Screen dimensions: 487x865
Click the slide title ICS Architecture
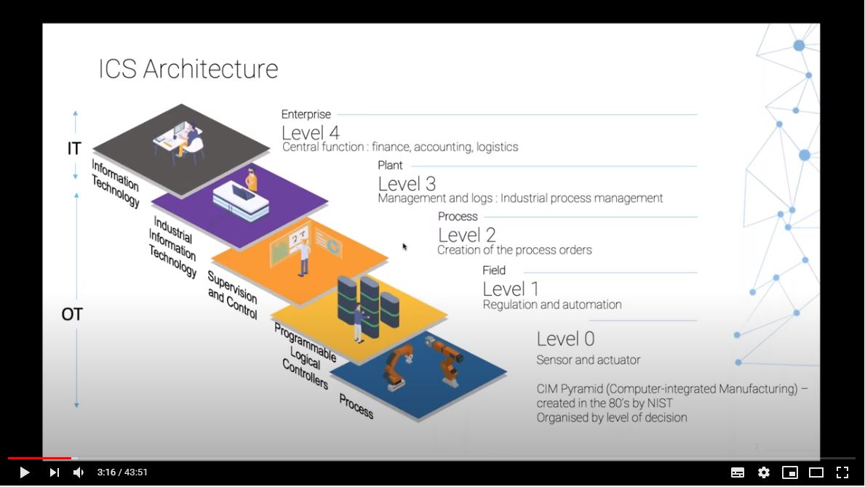coord(188,69)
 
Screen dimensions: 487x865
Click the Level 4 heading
coord(311,132)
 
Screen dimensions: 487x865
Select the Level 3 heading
coord(407,184)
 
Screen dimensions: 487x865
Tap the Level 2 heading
coord(467,235)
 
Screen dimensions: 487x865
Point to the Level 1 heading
coord(511,289)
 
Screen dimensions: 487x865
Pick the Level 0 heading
coord(565,339)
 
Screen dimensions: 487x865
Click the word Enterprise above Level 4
coord(306,114)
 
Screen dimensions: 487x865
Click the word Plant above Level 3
coord(390,166)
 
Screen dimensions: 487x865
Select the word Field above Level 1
coord(494,270)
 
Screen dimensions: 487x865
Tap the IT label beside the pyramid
coord(74,149)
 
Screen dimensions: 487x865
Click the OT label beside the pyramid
coord(72,315)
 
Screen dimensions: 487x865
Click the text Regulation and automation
coord(552,305)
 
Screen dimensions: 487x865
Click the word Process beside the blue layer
coord(356,406)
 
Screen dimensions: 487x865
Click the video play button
coord(24,472)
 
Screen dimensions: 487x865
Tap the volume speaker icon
coord(79,472)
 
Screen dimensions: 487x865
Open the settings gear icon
coord(764,472)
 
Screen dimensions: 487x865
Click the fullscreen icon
coord(842,472)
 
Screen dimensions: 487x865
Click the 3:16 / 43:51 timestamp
coord(122,472)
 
